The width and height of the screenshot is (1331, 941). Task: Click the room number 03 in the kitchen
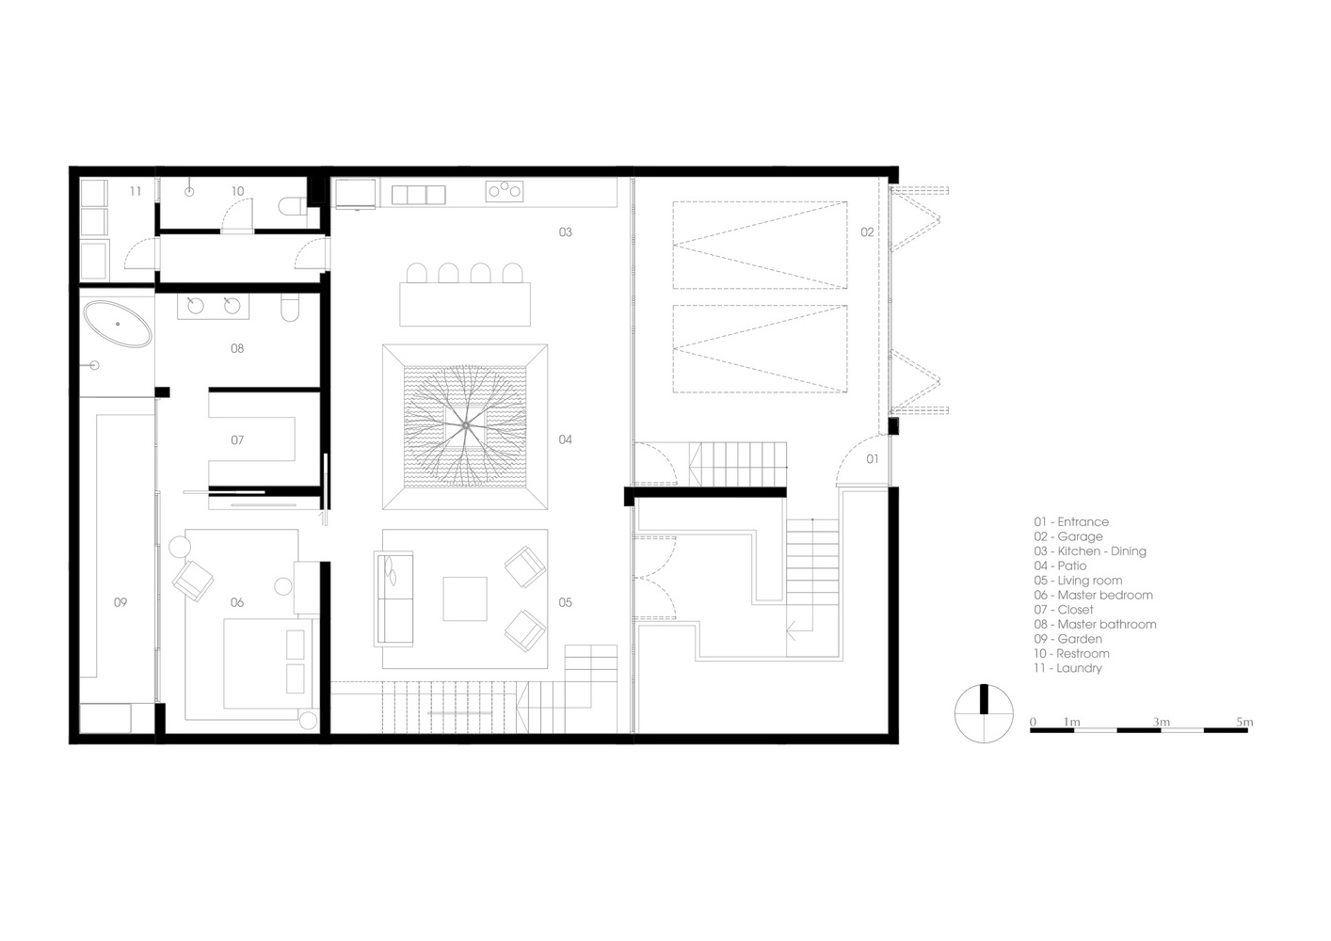click(565, 232)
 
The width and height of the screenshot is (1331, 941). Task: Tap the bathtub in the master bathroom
click(117, 325)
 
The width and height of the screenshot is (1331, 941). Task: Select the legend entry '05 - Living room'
click(1078, 581)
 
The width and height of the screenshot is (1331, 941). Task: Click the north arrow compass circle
click(984, 713)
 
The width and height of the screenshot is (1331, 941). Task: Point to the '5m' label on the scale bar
click(1244, 722)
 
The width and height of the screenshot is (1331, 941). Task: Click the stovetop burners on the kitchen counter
click(505, 191)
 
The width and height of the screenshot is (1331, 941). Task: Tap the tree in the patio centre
click(465, 425)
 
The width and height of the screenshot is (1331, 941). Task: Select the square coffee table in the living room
click(465, 598)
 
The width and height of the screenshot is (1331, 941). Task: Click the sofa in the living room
click(393, 598)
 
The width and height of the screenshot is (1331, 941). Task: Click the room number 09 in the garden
click(120, 602)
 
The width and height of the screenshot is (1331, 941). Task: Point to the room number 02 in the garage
click(867, 232)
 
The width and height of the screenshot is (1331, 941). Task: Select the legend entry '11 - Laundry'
click(1067, 668)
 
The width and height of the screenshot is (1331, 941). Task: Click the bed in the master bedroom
click(268, 663)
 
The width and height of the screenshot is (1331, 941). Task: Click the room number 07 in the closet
click(237, 440)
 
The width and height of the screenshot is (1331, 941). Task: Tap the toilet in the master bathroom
click(289, 307)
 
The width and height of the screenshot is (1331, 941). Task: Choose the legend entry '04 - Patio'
click(1060, 566)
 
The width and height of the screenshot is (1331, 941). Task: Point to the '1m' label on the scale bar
click(1071, 722)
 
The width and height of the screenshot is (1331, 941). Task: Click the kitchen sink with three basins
click(418, 195)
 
